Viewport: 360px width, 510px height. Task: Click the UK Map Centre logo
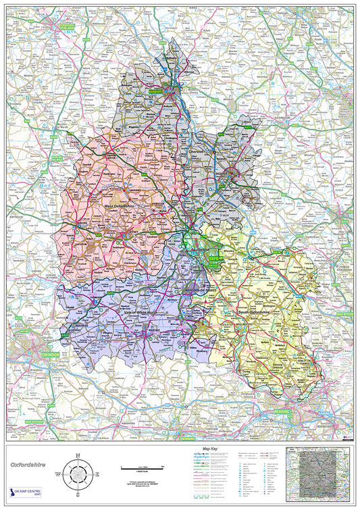coord(25,494)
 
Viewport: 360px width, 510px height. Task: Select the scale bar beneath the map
coord(142,467)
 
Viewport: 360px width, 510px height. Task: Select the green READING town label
coord(280,411)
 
